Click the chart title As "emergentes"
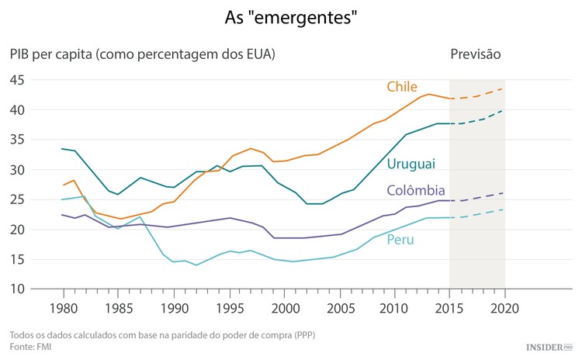[x=291, y=16]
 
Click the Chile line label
[x=403, y=86]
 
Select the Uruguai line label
[x=411, y=164]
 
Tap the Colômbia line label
[x=416, y=191]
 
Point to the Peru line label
[x=400, y=240]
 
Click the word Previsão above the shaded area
[x=475, y=54]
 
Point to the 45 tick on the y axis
[x=17, y=80]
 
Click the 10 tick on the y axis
[x=17, y=289]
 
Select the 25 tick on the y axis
[x=17, y=199]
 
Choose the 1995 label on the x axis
[x=228, y=307]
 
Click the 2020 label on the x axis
[x=504, y=307]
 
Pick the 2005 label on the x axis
[x=339, y=307]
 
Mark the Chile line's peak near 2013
[x=428, y=94]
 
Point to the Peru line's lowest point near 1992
[x=196, y=265]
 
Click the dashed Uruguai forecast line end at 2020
[x=504, y=111]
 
